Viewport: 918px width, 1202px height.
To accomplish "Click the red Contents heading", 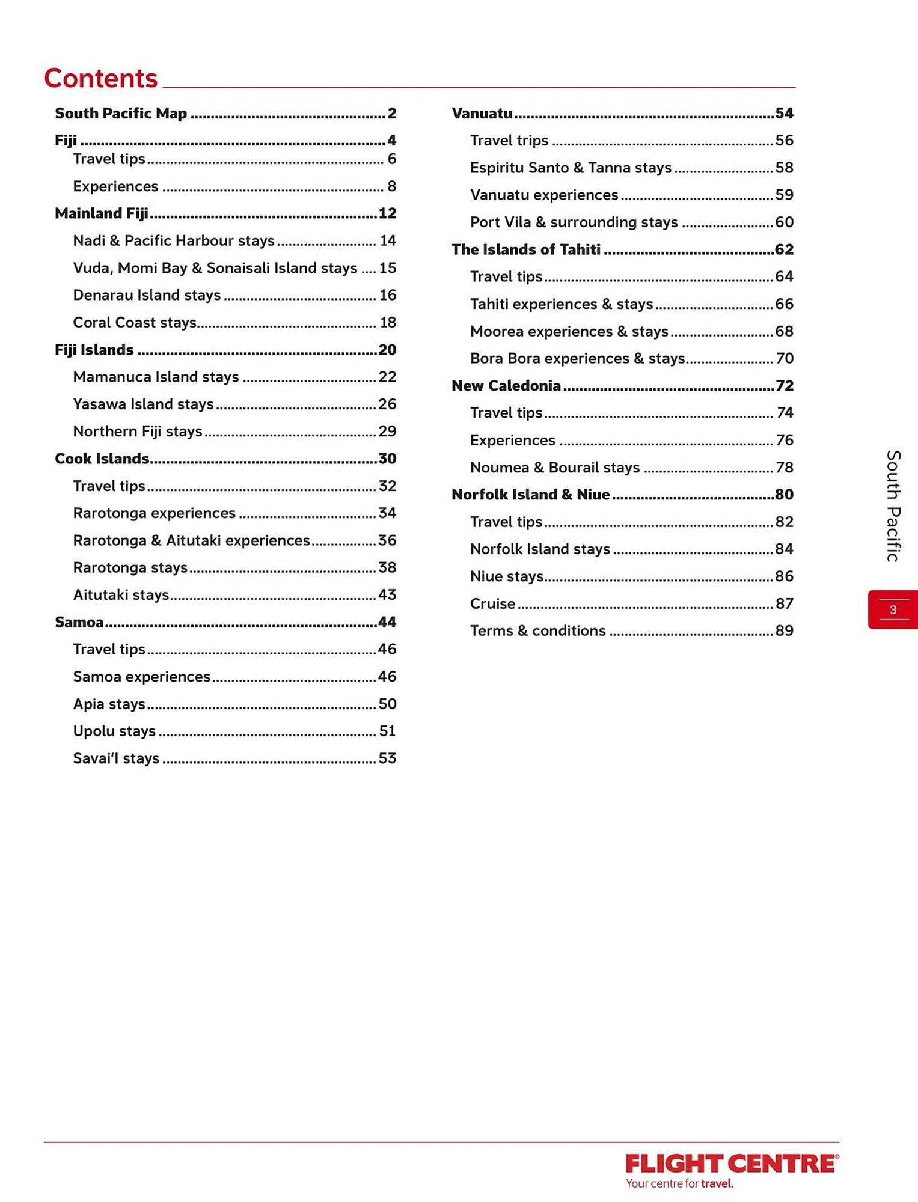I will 101,79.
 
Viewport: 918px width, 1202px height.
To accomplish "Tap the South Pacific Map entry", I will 121,113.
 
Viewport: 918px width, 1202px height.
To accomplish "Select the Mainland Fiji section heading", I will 102,213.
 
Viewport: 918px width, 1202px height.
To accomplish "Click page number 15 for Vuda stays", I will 388,268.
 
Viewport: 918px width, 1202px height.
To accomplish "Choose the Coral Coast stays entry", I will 135,323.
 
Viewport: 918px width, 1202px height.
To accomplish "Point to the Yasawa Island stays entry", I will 143,404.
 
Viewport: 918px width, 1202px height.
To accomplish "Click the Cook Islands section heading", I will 102,459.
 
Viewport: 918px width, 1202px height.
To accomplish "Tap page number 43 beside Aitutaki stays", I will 387,595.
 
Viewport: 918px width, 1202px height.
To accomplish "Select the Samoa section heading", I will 79,622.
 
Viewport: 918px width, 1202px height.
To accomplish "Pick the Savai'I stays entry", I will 116,758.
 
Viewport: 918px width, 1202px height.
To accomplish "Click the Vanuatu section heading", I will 482,113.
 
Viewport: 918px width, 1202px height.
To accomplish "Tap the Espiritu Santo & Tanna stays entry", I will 571,168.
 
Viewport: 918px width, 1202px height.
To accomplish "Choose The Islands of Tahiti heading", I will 526,249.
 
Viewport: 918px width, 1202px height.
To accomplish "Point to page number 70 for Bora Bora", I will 785,358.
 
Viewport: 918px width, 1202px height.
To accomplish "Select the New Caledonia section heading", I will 506,386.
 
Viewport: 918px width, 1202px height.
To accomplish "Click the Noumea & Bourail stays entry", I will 555,468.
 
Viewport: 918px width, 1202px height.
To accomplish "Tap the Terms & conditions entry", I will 538,631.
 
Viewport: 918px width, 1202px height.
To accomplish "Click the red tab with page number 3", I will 893,609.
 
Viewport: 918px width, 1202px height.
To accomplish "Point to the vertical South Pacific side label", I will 893,505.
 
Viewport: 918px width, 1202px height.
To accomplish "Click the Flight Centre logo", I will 732,1169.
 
